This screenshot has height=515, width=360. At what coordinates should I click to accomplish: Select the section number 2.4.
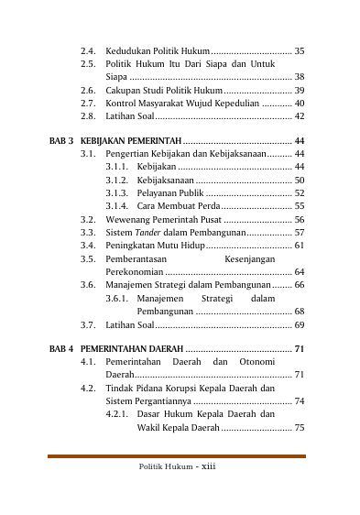click(x=88, y=50)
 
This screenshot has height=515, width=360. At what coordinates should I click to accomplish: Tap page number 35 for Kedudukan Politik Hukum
click(x=299, y=50)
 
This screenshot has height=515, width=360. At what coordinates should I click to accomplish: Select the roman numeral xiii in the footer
click(x=209, y=466)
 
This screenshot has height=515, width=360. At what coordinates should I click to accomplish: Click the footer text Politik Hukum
click(x=166, y=466)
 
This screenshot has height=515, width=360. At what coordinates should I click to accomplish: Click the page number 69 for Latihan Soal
click(x=299, y=324)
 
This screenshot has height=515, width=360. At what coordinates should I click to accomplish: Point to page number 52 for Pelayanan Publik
click(x=299, y=193)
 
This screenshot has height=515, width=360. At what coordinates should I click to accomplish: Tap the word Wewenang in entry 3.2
click(x=129, y=220)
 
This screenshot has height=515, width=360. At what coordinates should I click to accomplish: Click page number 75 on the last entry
click(x=299, y=428)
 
